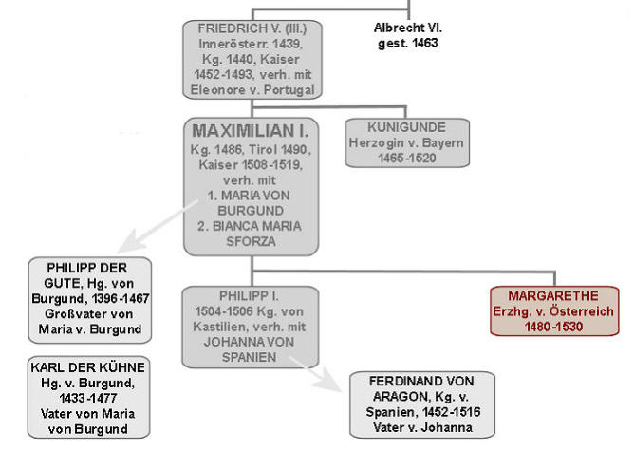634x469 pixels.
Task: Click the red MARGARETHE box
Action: coord(554,310)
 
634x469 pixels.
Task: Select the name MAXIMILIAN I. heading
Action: coord(251,131)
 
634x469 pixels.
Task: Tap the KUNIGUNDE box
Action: coord(407,142)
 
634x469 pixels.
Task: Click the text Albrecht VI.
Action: coord(408,28)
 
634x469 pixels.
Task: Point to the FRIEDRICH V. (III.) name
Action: coord(252,28)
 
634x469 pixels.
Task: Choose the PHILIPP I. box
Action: coord(251,327)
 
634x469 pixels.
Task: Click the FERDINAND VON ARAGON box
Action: coord(422,404)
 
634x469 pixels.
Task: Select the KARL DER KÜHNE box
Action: coord(88,397)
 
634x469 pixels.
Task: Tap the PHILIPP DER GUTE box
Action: coord(90,300)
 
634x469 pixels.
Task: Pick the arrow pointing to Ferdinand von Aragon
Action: coord(315,373)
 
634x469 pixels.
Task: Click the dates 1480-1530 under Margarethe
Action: coord(553,327)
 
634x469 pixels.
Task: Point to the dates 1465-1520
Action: coord(407,158)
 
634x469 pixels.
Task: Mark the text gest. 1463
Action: coord(407,44)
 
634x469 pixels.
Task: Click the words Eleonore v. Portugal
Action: coord(252,90)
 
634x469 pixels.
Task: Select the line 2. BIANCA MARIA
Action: coord(250,226)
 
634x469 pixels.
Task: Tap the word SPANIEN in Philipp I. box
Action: coord(249,357)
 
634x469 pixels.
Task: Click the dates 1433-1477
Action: coord(88,398)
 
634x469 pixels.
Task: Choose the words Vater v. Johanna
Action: coord(422,427)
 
